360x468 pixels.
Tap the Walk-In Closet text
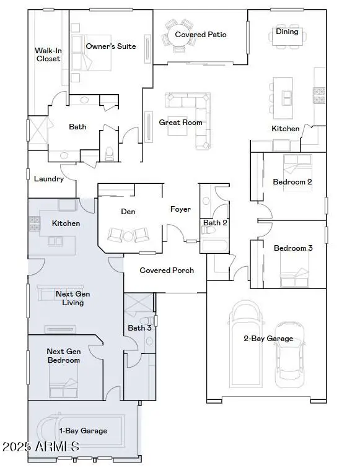(x=48, y=54)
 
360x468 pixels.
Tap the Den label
(x=128, y=212)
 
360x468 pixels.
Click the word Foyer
(x=180, y=209)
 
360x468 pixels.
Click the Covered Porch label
(x=167, y=271)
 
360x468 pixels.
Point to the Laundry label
(x=49, y=179)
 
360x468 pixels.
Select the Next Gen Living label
(x=69, y=298)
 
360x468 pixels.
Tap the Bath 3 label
(x=139, y=328)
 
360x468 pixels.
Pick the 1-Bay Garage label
(x=82, y=431)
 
